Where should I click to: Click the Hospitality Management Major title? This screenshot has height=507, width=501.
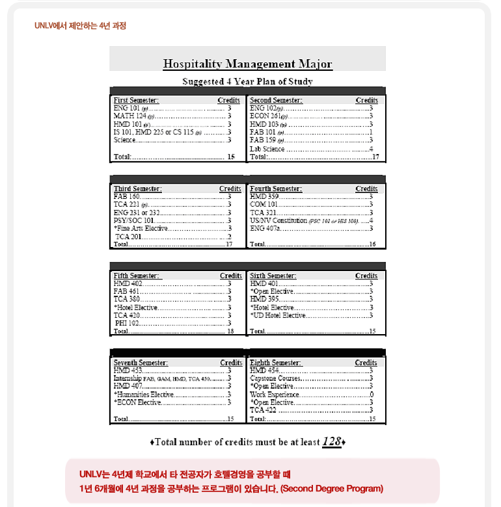coord(247,64)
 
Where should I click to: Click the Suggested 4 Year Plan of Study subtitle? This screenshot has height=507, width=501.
coord(247,82)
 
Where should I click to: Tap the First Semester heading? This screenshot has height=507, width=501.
coord(136,101)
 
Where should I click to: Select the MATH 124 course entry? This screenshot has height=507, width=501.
coord(129,116)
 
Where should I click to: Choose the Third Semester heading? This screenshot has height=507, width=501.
coord(137,189)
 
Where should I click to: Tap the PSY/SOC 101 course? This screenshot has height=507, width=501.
coord(134,220)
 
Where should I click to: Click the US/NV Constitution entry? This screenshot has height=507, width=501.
coord(280,220)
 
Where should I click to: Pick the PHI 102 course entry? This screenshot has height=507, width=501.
coord(128,323)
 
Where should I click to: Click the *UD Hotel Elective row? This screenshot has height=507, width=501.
coord(278,315)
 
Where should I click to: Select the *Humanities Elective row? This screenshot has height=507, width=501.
coord(144,395)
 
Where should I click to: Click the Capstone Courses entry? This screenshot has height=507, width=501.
coord(275,378)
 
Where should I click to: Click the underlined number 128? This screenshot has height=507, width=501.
coord(332,442)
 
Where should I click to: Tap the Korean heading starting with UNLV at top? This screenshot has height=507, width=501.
coord(80,26)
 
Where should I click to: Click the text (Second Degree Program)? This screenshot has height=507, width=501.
coord(331,488)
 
